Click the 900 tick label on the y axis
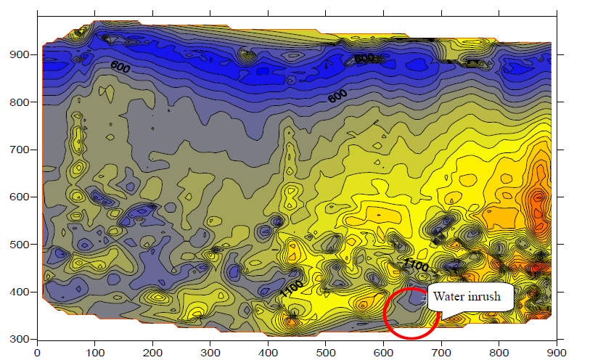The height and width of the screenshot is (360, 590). click(x=17, y=55)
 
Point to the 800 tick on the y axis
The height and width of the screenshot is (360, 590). click(x=17, y=102)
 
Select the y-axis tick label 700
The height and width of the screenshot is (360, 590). click(x=17, y=150)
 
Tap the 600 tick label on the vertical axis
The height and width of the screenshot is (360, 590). click(x=17, y=197)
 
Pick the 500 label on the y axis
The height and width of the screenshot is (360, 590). click(x=17, y=245)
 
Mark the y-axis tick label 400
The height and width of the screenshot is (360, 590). click(x=17, y=292)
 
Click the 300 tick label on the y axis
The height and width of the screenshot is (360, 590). click(x=17, y=339)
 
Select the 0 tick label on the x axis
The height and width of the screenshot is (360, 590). click(x=38, y=352)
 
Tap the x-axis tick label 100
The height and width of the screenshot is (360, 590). click(x=95, y=352)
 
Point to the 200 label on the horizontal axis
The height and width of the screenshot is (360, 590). click(x=152, y=352)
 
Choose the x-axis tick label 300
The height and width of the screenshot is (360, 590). click(x=210, y=352)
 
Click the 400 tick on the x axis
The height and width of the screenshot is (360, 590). click(x=268, y=352)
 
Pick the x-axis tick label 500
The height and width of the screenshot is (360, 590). click(x=326, y=352)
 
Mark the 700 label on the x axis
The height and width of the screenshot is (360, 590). click(x=441, y=352)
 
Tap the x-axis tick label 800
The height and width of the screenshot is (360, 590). click(x=499, y=352)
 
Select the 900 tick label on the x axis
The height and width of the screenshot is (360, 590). click(x=557, y=352)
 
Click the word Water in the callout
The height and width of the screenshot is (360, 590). click(x=448, y=296)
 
